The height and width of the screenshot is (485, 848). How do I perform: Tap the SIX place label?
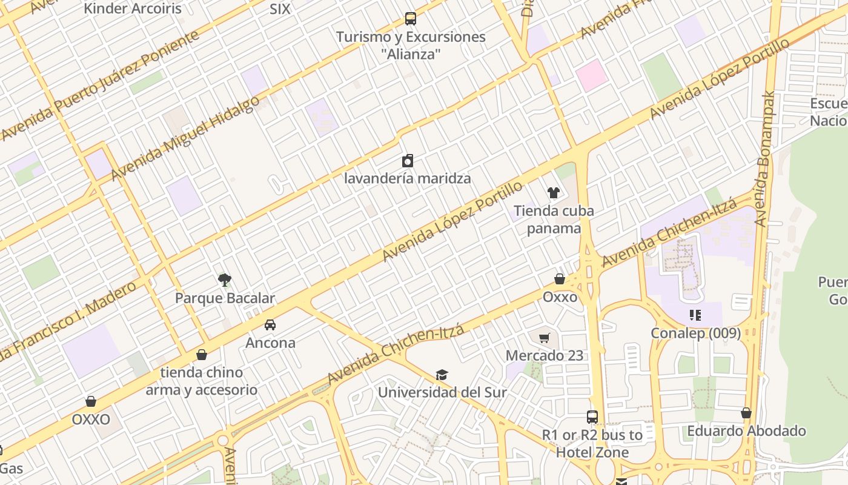(280, 8)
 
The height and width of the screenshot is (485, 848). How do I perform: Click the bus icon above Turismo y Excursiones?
(411, 19)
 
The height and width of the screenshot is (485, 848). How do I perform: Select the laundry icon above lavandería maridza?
(408, 161)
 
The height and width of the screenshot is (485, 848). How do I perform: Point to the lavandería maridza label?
(407, 178)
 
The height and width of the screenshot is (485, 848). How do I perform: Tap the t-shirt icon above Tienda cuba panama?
(554, 193)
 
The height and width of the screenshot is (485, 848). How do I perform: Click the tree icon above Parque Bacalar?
(225, 279)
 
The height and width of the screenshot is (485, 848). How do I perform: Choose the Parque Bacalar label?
(225, 298)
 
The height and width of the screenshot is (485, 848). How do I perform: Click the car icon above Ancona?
(270, 324)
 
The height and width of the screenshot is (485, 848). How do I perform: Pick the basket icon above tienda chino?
(202, 355)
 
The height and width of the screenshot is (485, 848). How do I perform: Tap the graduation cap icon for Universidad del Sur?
(442, 375)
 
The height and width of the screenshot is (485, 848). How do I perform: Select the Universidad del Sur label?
(442, 392)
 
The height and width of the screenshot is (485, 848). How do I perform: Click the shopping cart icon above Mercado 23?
(544, 338)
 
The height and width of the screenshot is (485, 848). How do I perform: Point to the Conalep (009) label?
(696, 333)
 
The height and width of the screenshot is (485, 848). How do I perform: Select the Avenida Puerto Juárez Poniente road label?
(100, 85)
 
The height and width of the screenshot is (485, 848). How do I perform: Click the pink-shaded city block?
(591, 75)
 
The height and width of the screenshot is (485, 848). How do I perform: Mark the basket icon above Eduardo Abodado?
(746, 413)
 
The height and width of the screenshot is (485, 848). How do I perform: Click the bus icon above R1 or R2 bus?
(592, 417)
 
